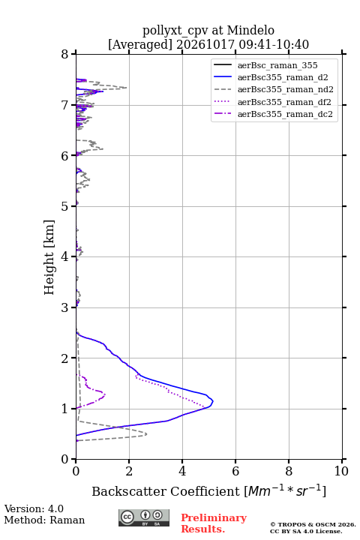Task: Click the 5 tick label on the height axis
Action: pos(65,206)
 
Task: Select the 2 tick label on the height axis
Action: pos(65,358)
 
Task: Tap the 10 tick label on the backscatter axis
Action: pos(341,471)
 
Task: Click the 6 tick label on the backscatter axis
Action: pos(235,471)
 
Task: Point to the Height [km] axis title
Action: pos(49,257)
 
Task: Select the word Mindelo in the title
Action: pos(250,30)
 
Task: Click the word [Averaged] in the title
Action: pos(140,44)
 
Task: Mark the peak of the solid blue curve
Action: pos(213,400)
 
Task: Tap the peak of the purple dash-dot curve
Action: pos(105,394)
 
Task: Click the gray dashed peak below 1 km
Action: pos(146,434)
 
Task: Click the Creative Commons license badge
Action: pos(144,517)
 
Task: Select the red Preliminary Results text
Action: pos(214,523)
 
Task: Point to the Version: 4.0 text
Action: pos(34,508)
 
